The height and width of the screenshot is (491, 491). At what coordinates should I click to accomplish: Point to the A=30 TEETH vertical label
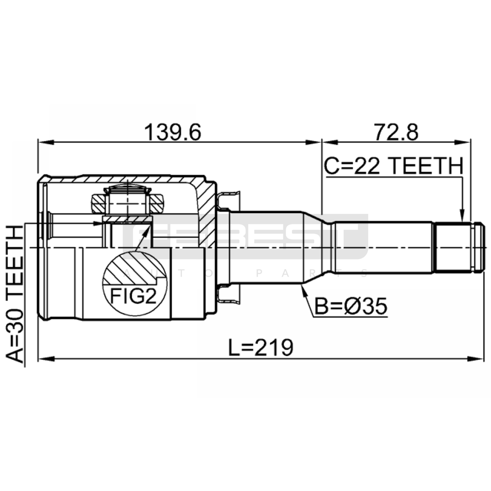coord(14,294)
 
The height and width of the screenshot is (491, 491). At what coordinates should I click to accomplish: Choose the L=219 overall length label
coord(261,347)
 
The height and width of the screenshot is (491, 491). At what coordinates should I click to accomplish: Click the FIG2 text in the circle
coord(133,296)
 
